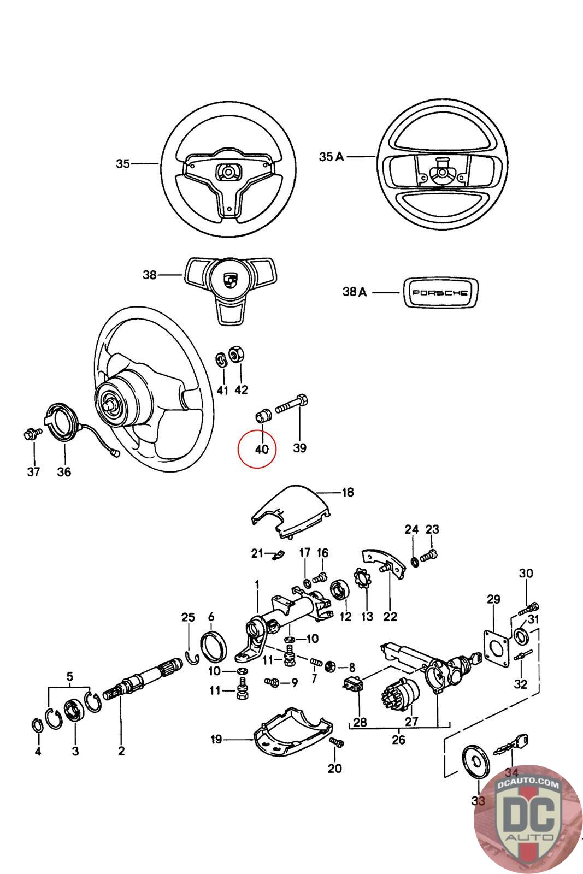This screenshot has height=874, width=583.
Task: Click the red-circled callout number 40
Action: tap(262, 449)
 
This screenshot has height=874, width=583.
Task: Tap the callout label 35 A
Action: tap(332, 157)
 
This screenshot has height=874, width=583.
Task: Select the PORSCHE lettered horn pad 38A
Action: tap(440, 292)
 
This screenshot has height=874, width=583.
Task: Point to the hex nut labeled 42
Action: tap(237, 354)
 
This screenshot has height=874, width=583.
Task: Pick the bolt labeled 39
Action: tap(292, 407)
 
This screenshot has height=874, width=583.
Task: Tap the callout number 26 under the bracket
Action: tap(399, 740)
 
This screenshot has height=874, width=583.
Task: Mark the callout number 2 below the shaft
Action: tap(121, 751)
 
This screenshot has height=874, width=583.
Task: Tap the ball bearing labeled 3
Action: tap(73, 712)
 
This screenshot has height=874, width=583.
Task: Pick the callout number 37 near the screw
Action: tap(34, 471)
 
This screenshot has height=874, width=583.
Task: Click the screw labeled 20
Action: tap(337, 743)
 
